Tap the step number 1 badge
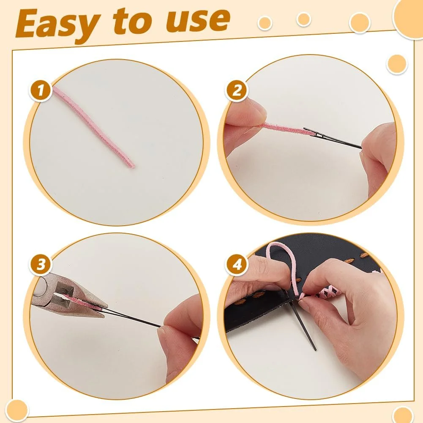[41, 90]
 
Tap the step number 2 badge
[237, 90]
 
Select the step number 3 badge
[41, 265]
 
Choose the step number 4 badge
[237, 265]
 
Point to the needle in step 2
[332, 138]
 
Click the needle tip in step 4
[315, 350]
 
